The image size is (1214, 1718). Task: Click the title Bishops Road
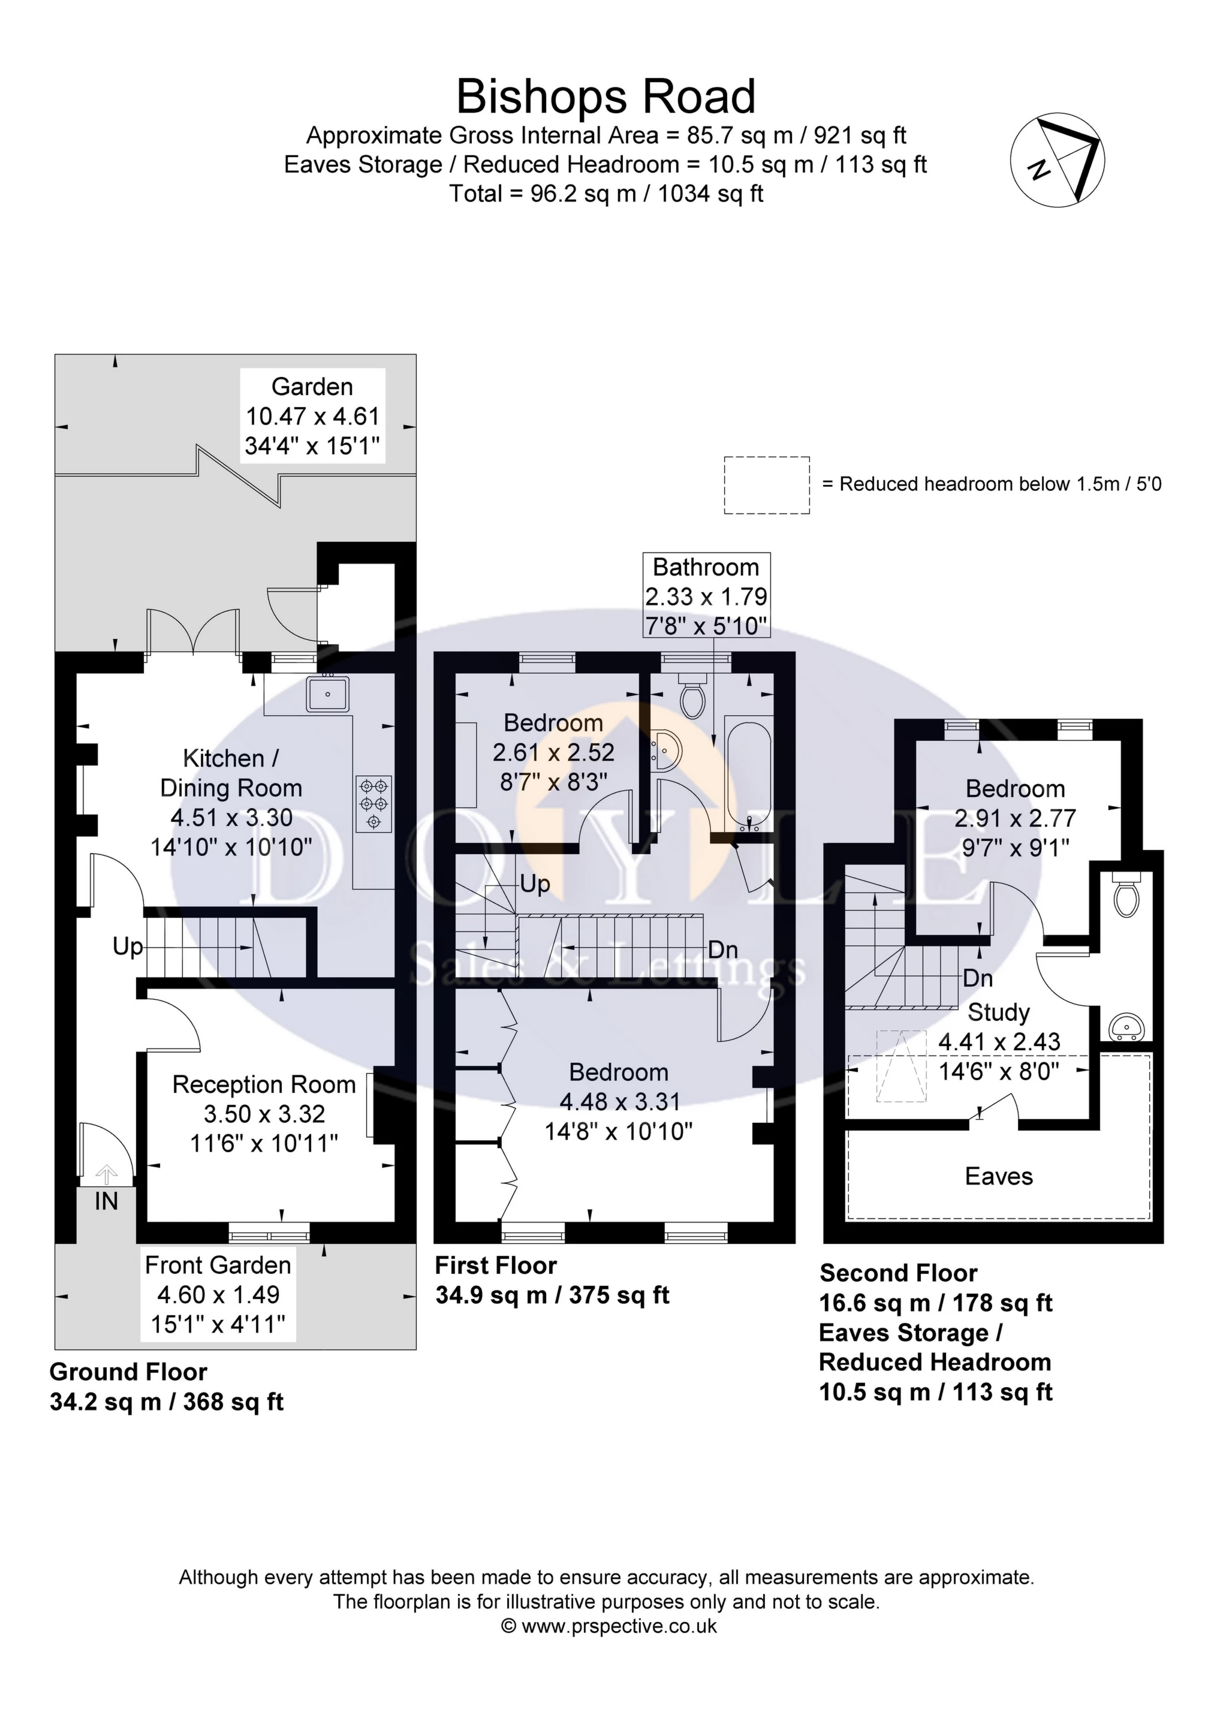[x=606, y=97]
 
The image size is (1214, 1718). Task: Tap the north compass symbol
[x=1058, y=161]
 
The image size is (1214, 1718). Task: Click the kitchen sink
[x=327, y=694]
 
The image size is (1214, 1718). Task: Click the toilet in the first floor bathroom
[x=692, y=697]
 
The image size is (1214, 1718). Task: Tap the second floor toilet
[x=1126, y=895]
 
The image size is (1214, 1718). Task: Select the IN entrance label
[x=106, y=1201]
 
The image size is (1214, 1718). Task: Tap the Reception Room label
[x=263, y=1084]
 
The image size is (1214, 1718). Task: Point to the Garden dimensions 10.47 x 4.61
[x=313, y=416]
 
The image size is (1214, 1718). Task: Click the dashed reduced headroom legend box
[x=766, y=485]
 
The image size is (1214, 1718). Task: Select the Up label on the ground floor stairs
[x=127, y=947]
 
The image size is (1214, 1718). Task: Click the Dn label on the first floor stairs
[x=723, y=950]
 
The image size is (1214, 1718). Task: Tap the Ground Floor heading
[x=128, y=1372]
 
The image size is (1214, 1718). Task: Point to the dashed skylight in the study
[x=901, y=1066]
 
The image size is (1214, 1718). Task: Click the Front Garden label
[x=218, y=1265]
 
